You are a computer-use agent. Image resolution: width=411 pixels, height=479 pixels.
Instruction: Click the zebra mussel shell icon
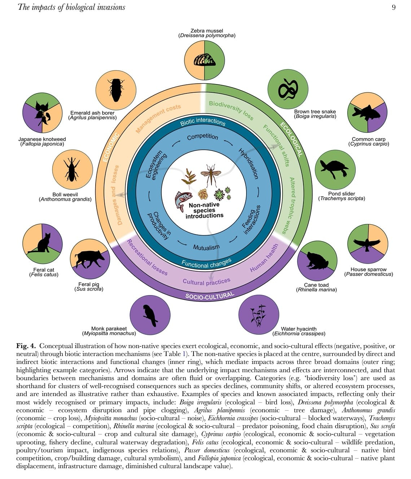(x=205, y=60)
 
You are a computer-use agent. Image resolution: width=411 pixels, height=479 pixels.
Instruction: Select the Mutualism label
(x=206, y=247)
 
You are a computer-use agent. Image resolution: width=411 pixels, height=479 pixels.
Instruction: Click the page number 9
(x=393, y=7)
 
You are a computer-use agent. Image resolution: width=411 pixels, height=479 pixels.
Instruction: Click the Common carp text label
(x=368, y=139)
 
